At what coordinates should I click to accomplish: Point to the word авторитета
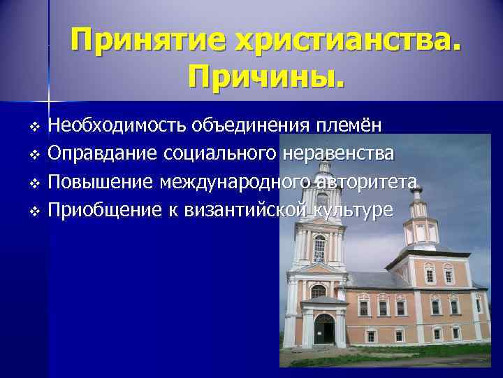366,183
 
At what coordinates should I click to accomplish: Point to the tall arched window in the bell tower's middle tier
319,248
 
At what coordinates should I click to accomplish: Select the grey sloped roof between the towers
377,280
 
